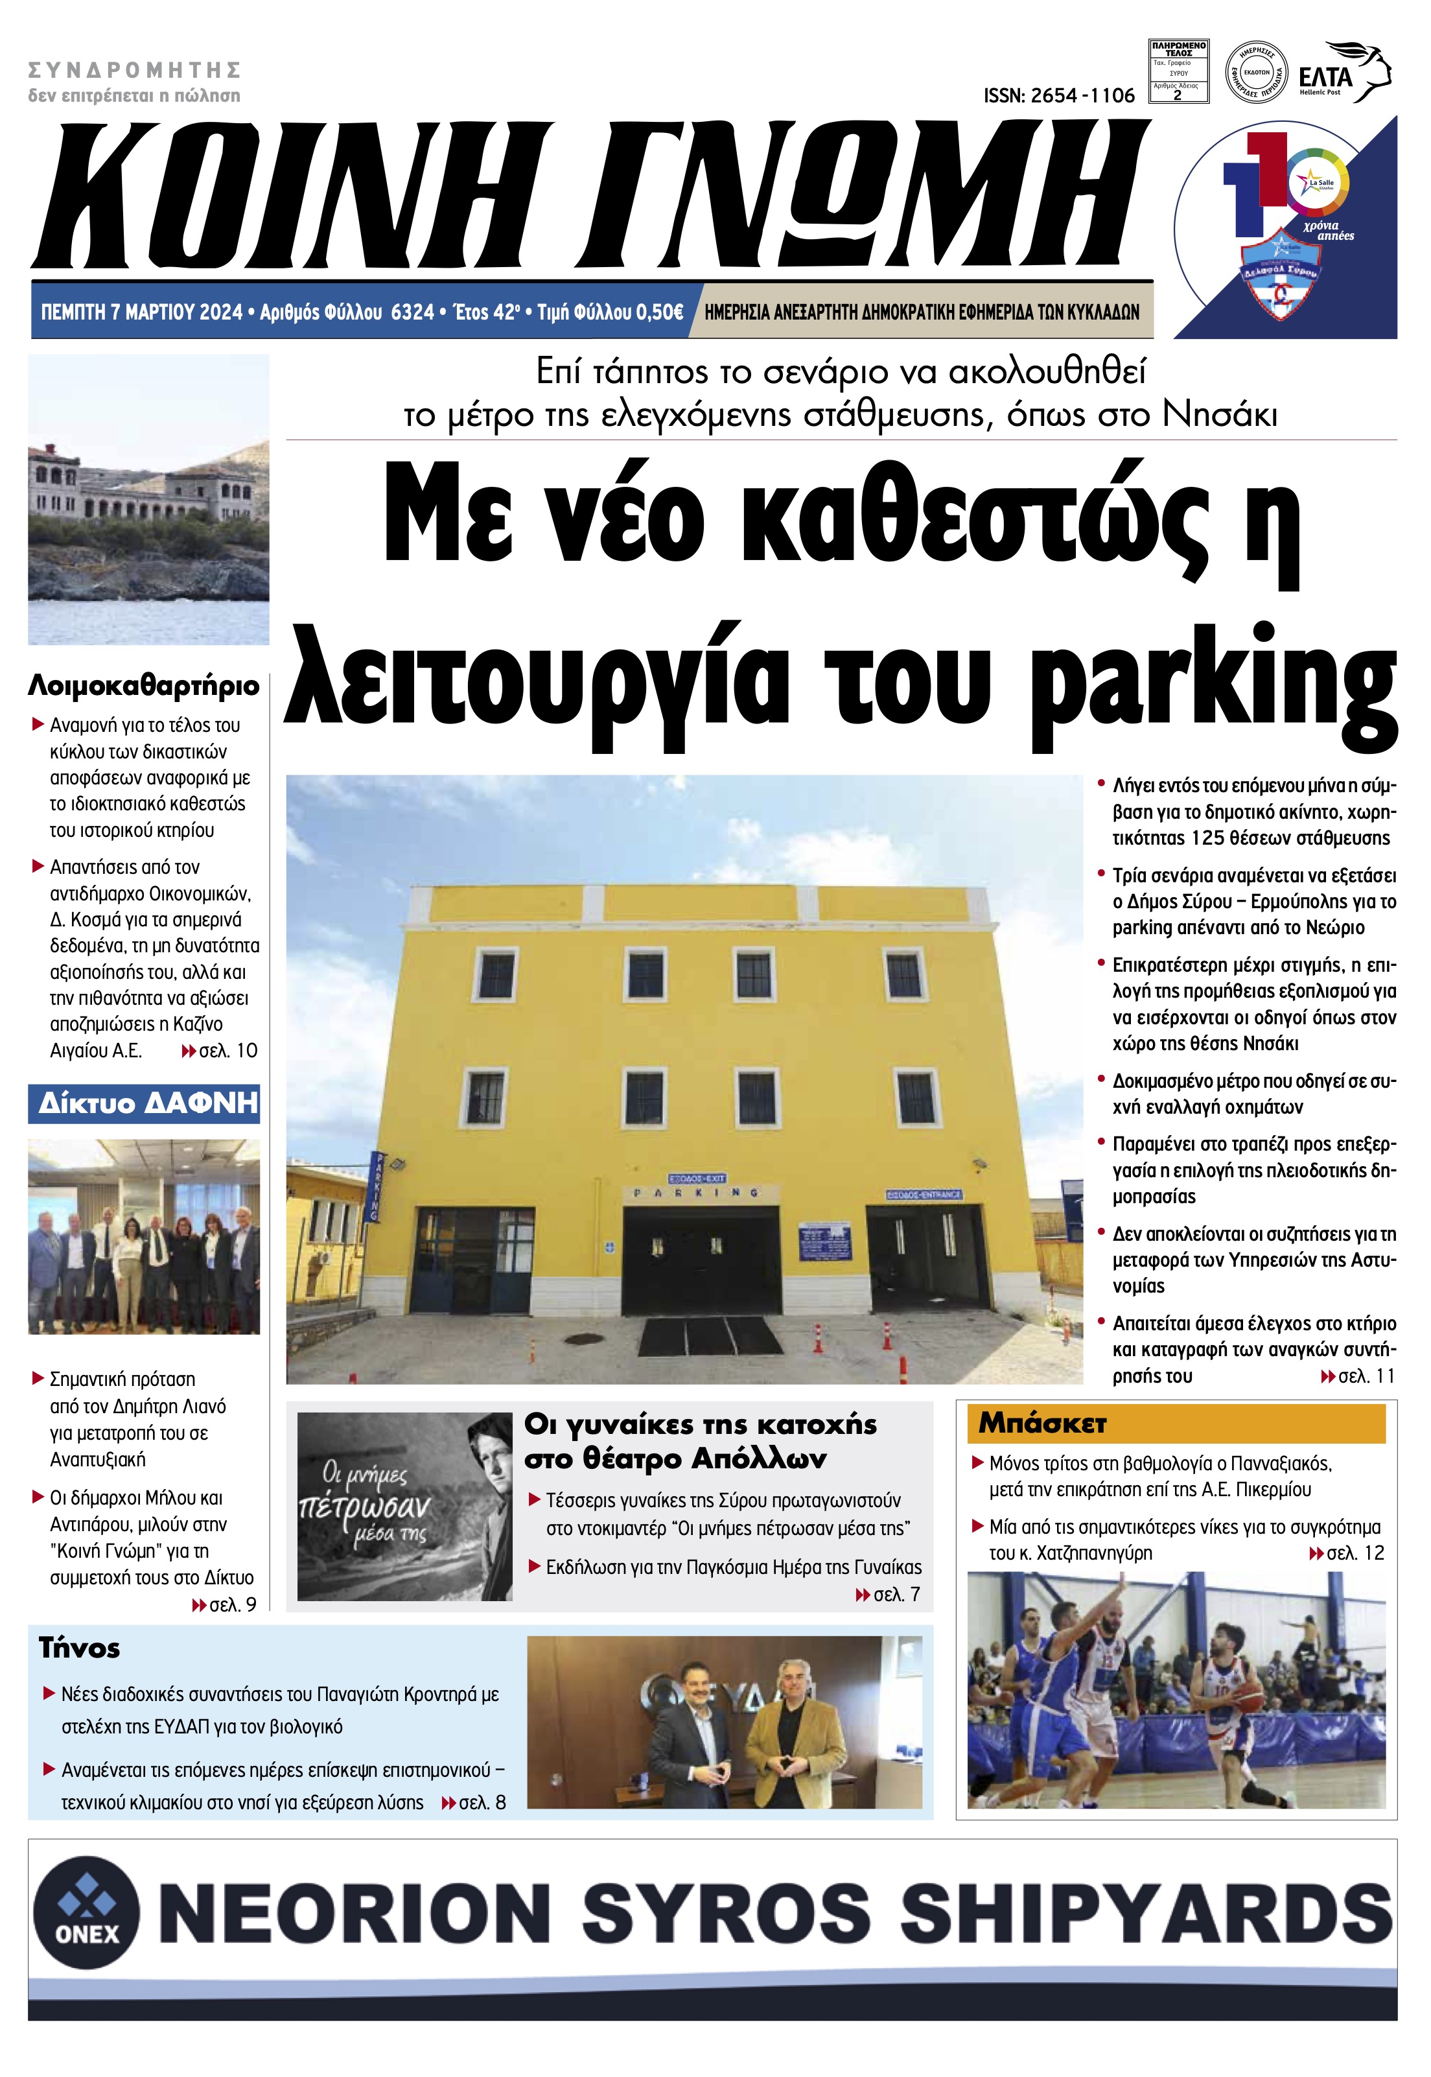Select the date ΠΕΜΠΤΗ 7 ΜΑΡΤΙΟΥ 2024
point(142,312)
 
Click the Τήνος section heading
point(79,1649)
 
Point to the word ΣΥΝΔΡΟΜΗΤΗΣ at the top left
point(135,70)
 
